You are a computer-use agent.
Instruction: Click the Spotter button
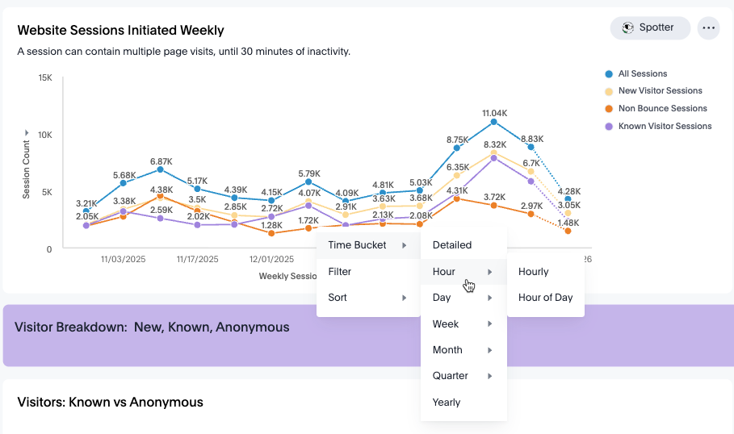tap(650, 28)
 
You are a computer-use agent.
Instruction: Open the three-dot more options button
tap(708, 28)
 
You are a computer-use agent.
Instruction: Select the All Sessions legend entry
tap(635, 74)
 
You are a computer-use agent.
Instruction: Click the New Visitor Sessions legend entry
tap(653, 90)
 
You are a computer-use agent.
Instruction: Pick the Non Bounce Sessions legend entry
tap(656, 108)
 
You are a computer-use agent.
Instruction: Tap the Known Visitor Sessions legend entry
tap(658, 127)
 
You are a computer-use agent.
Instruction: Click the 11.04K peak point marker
tap(494, 122)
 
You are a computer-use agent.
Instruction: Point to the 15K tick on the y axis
tap(45, 77)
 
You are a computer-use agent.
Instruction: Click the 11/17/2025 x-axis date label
tap(197, 259)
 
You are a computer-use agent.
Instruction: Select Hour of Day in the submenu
tap(545, 298)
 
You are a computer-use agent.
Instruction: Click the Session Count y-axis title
tap(26, 169)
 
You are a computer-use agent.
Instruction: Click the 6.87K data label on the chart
tap(161, 162)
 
